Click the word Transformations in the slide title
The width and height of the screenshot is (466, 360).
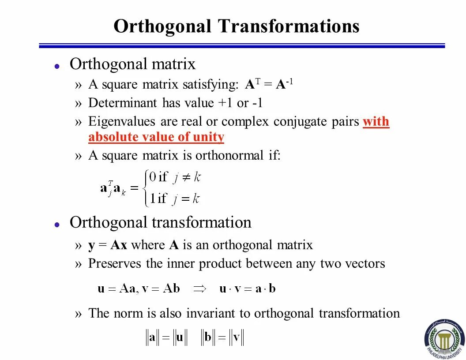point(288,26)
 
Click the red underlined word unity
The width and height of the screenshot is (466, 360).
point(209,137)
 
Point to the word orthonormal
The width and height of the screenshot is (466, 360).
point(229,155)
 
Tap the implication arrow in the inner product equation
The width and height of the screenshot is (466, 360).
point(200,289)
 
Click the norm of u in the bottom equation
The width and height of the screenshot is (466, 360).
point(180,338)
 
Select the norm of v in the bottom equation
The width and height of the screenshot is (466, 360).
point(236,338)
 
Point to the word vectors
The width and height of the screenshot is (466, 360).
point(365,264)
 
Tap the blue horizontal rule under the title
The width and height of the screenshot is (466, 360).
point(242,45)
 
